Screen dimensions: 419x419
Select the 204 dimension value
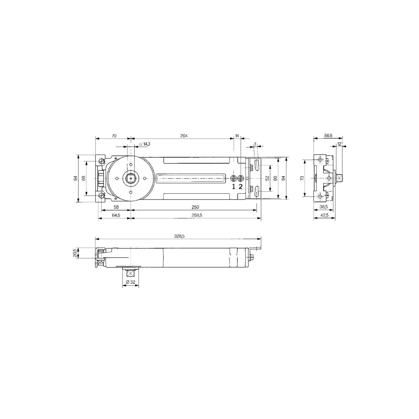click(x=184, y=136)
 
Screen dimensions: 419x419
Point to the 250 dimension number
click(x=195, y=207)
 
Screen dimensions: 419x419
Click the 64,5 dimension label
click(x=116, y=215)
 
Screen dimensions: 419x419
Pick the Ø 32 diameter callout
click(x=130, y=282)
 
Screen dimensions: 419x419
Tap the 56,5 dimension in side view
click(x=328, y=135)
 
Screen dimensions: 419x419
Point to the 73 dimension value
click(x=302, y=178)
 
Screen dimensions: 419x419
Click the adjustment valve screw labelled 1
click(x=234, y=178)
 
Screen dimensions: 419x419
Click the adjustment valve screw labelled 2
click(x=240, y=178)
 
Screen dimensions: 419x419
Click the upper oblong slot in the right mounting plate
click(x=256, y=165)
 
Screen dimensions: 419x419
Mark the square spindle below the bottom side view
click(x=130, y=273)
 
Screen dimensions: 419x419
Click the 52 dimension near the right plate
click(x=267, y=178)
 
